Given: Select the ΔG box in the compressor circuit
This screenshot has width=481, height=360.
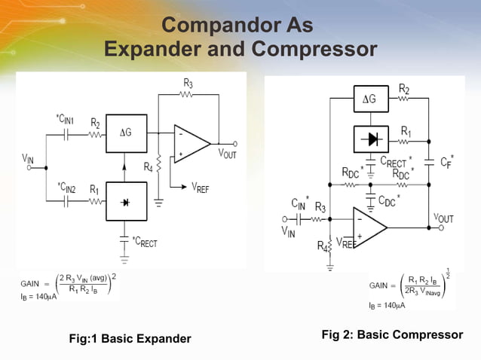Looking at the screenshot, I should point(371,99).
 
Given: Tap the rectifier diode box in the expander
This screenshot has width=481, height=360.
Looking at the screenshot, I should point(126,203).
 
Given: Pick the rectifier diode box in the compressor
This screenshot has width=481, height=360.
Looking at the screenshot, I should point(371,139).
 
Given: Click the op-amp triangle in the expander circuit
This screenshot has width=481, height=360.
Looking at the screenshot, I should point(191,143).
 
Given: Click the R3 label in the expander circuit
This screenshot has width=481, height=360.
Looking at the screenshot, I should point(188,83).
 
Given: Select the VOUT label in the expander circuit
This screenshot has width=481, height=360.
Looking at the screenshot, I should point(231,153).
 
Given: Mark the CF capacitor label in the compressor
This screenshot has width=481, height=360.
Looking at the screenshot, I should point(446,160).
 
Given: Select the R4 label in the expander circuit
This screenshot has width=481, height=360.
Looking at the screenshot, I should point(148,166).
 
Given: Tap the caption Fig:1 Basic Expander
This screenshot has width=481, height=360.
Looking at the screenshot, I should point(130,339).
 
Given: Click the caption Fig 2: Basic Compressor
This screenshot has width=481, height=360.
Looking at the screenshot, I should point(392,334).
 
